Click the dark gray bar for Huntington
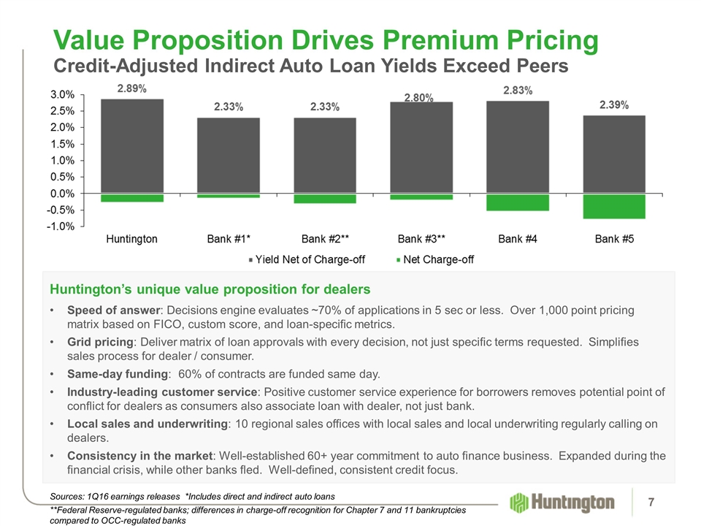coord(132,146)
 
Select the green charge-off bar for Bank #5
coord(614,206)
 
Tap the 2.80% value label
coord(420,96)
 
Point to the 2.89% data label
coord(132,88)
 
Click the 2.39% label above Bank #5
coord(614,105)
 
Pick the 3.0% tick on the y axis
coord(62,95)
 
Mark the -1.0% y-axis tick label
coord(61,226)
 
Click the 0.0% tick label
coord(62,194)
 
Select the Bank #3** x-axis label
coord(421,239)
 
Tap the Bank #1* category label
coord(229,239)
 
